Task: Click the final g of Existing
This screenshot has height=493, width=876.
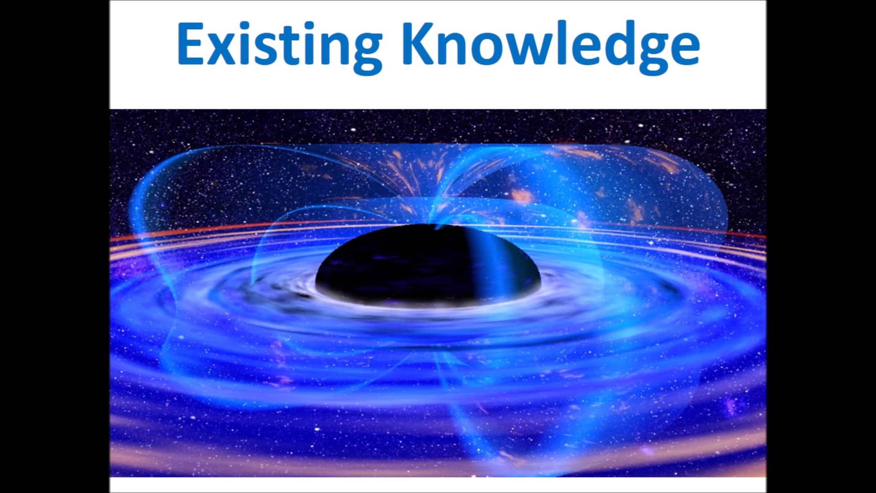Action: point(363,52)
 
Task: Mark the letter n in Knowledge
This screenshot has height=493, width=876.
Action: point(459,48)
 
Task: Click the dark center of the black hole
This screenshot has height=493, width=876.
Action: point(401,265)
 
